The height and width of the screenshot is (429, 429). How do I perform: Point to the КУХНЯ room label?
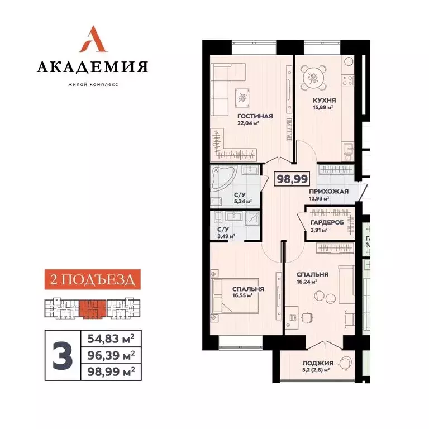[323, 101]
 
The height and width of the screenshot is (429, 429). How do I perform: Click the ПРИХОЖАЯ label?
[328, 191]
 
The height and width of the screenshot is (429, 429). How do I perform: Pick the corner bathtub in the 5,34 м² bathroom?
[221, 179]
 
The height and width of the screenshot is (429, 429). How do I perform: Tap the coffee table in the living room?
[242, 98]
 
